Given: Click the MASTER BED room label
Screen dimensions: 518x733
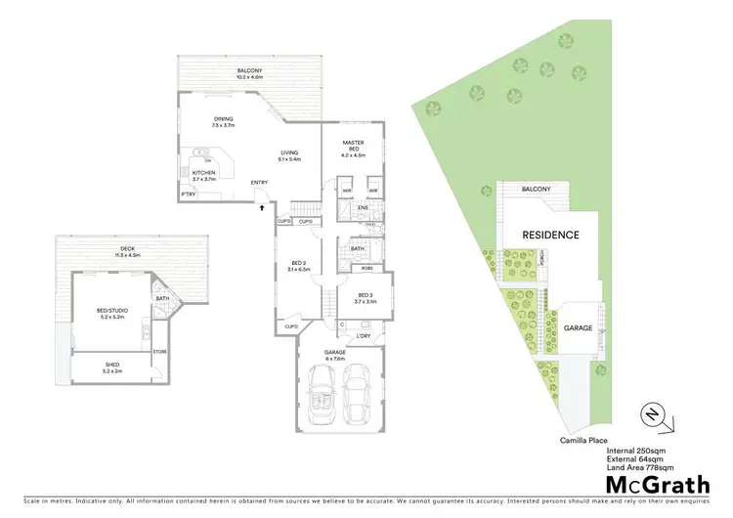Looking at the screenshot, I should point(352,144).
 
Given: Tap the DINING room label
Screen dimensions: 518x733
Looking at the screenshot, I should point(224,121).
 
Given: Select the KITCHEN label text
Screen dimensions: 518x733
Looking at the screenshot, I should point(203,172).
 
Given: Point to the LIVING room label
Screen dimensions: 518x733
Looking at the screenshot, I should point(289,151).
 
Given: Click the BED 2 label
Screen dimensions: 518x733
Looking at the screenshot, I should point(298,262).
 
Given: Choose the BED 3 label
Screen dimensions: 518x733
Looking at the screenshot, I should point(366,295).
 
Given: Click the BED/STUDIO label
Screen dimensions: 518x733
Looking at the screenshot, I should point(112,310).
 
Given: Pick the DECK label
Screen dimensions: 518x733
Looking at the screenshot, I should point(127,249).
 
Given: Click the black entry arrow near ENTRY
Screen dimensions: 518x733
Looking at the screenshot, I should point(261,205).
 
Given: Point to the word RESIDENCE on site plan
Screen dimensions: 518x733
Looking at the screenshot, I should point(550,235).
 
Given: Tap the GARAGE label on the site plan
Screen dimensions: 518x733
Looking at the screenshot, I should point(578,328).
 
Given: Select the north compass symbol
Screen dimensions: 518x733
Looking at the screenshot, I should point(655,414).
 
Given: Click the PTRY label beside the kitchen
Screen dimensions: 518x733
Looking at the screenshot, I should point(188,194).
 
